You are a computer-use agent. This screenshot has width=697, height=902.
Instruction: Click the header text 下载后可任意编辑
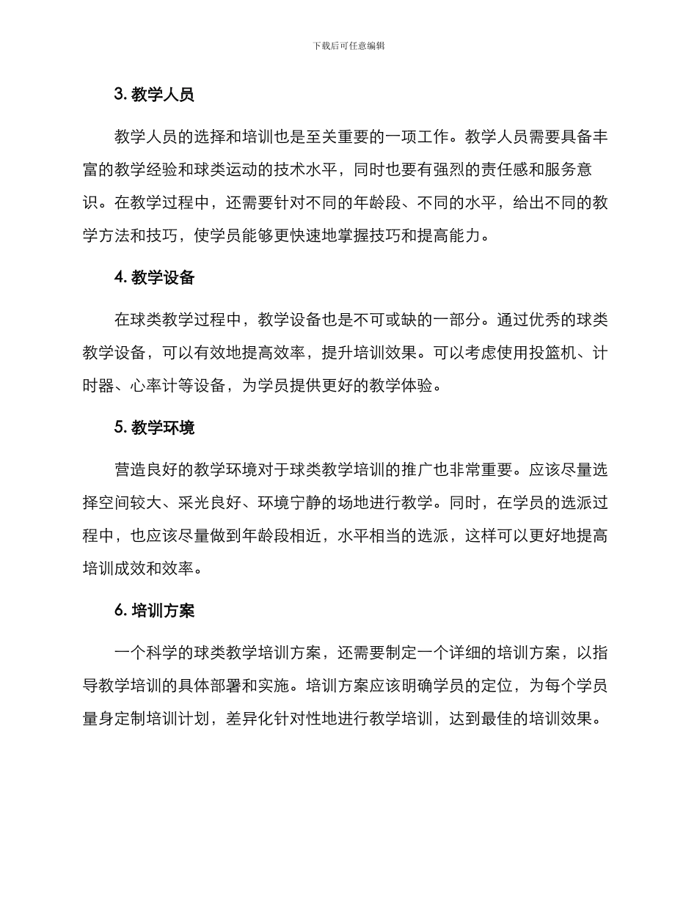[x=348, y=45]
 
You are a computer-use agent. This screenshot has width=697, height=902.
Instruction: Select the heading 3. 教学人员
[x=154, y=95]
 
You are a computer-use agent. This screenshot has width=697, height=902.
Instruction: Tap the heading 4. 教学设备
[x=154, y=277]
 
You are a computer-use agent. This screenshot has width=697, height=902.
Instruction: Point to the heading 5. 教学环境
[x=154, y=428]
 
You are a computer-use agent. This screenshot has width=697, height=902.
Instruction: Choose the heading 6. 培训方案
[x=154, y=610]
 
